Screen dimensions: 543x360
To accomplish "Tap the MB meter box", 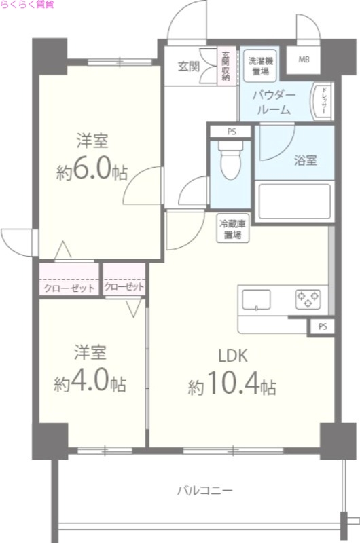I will coord(303,60).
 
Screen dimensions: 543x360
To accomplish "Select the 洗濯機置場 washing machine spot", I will coord(258,64).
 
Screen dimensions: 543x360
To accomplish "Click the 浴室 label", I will coord(305,161).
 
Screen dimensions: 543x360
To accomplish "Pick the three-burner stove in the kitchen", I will coord(309,299).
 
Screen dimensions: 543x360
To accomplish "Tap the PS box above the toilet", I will coord(232,132).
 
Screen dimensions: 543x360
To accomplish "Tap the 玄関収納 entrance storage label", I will coord(226,66).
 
